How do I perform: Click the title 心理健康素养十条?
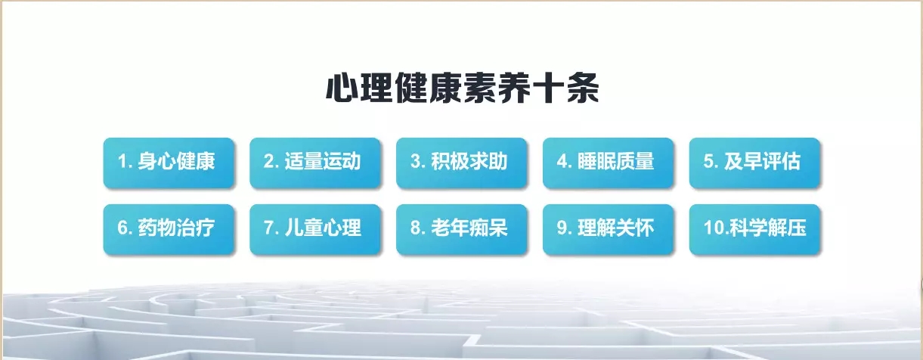click(x=462, y=88)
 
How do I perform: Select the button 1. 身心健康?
click(x=169, y=163)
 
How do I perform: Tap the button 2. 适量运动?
click(x=315, y=163)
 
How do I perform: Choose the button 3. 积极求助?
click(x=461, y=163)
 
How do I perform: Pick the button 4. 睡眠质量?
click(x=609, y=163)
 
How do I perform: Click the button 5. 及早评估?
click(x=755, y=163)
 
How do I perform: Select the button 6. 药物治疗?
click(x=169, y=229)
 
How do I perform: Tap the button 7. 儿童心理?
click(x=315, y=229)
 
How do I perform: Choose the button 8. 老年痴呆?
click(x=461, y=229)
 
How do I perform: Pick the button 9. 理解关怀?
click(x=609, y=229)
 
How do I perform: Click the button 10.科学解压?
click(x=755, y=229)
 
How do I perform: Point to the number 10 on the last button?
click(x=714, y=228)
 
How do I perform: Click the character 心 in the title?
click(x=342, y=88)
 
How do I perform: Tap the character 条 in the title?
click(x=583, y=88)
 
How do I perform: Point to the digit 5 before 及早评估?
click(x=708, y=161)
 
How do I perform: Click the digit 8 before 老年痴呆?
click(x=415, y=228)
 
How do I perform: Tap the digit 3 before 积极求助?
click(x=415, y=161)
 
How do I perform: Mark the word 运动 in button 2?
click(x=342, y=161)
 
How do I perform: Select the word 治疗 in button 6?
click(x=196, y=228)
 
